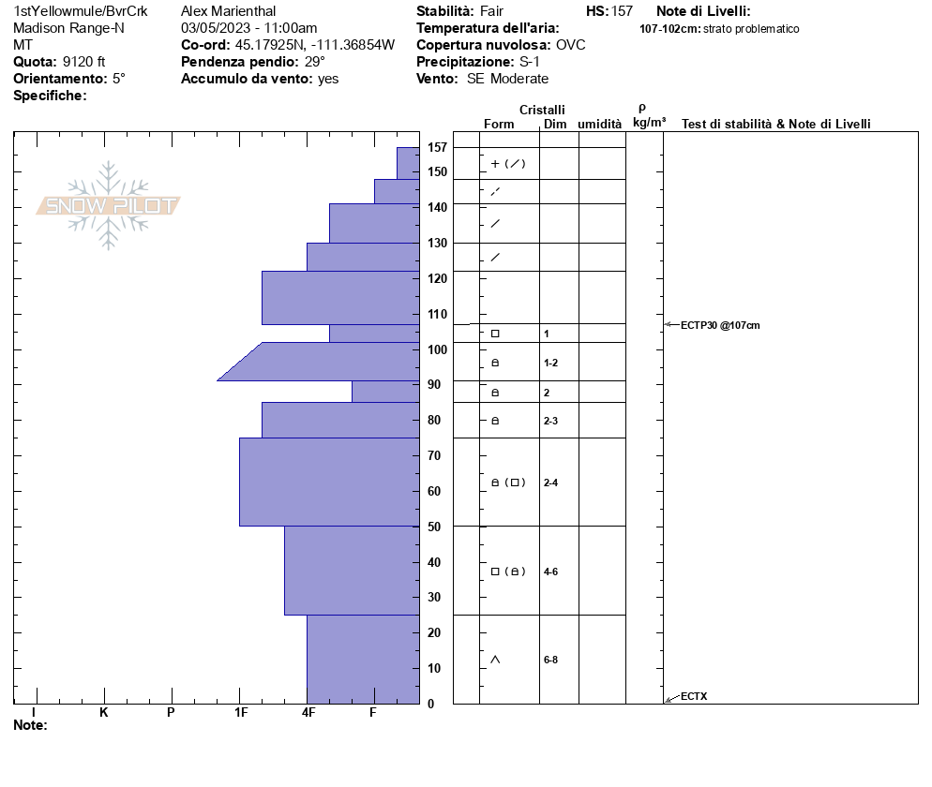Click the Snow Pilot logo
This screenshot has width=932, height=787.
click(x=109, y=205)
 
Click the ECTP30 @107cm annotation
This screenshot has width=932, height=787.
click(x=720, y=325)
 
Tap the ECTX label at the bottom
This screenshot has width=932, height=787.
click(x=694, y=696)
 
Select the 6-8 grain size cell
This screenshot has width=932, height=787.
click(x=551, y=660)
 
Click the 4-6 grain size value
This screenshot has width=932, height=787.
click(x=551, y=572)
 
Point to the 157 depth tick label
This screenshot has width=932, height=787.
click(x=437, y=147)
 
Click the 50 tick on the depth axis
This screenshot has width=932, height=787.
click(x=434, y=527)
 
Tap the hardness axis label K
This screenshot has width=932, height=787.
click(x=104, y=713)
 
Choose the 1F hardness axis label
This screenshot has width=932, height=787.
click(x=241, y=713)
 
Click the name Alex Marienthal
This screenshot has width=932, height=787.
click(x=229, y=11)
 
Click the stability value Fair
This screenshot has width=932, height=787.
click(x=491, y=11)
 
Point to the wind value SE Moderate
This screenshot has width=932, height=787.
click(x=507, y=79)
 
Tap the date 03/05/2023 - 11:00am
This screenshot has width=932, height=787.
click(x=248, y=28)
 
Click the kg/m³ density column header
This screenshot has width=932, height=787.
click(x=649, y=123)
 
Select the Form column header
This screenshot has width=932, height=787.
click(x=499, y=124)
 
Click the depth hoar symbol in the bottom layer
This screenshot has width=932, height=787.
click(x=495, y=660)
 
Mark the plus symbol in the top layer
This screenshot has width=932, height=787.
click(x=495, y=164)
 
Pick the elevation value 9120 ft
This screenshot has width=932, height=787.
click(x=84, y=62)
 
